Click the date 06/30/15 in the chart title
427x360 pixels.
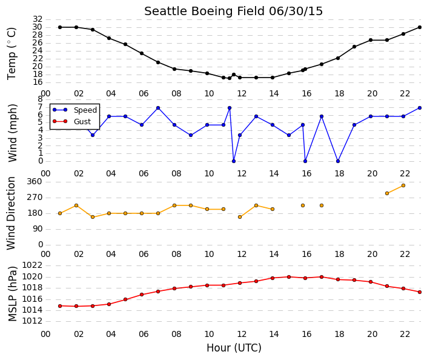(296, 12)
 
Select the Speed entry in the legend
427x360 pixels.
(85, 110)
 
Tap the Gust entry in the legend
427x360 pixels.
(82, 122)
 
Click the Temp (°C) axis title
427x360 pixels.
(12, 54)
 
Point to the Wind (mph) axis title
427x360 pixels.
(12, 133)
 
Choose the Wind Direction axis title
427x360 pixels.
(11, 213)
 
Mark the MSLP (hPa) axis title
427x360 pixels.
(12, 294)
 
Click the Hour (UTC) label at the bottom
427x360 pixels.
(234, 348)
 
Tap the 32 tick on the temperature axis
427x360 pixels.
(38, 19)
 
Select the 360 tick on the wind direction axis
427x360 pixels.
(35, 182)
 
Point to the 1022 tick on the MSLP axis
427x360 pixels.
(32, 265)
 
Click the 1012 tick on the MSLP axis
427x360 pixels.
(32, 321)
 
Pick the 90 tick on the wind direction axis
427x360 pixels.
(38, 229)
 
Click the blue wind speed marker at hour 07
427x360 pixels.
(158, 108)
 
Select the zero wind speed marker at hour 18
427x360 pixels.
(338, 161)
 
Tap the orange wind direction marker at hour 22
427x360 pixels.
(403, 185)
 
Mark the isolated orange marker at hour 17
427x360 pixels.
(322, 205)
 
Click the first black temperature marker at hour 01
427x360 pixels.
(60, 27)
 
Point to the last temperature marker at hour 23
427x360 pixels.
(420, 27)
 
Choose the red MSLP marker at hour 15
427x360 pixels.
(289, 277)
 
